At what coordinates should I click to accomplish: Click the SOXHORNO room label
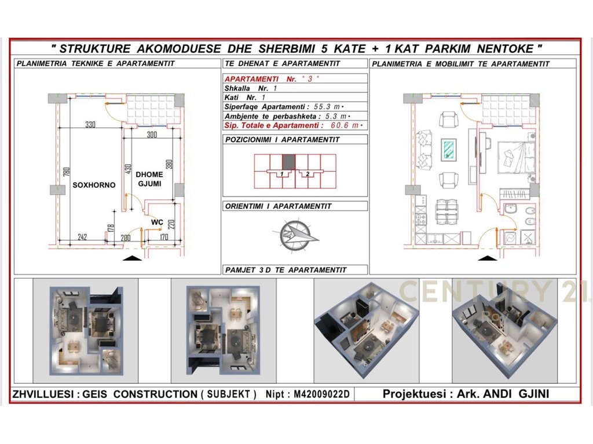94,185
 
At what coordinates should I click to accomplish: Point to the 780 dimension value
67,172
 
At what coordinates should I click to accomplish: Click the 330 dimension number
90,124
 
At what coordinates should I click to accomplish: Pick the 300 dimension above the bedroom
152,135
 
